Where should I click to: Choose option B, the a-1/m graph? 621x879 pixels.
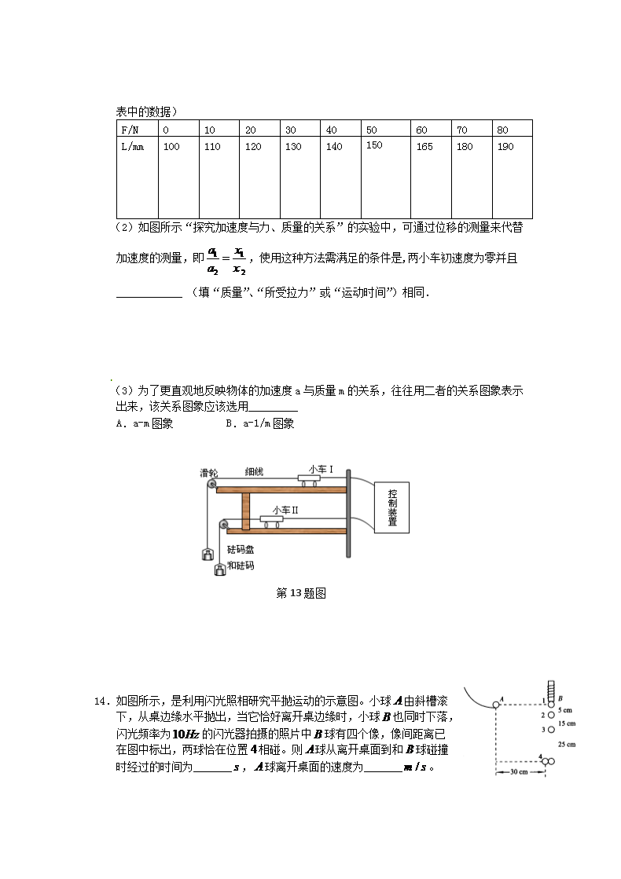click(259, 423)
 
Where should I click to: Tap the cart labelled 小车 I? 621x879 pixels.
click(314, 480)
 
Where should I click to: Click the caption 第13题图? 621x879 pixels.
click(301, 593)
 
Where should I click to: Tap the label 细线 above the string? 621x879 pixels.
click(254, 472)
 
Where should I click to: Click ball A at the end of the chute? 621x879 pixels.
click(497, 705)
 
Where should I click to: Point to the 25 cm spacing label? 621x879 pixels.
click(566, 743)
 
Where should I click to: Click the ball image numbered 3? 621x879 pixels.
click(550, 730)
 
